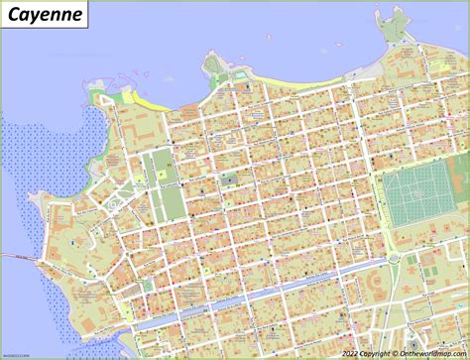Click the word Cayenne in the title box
pos(43,16)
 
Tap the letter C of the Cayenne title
pos(13,16)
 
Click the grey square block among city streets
pos(229,180)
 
